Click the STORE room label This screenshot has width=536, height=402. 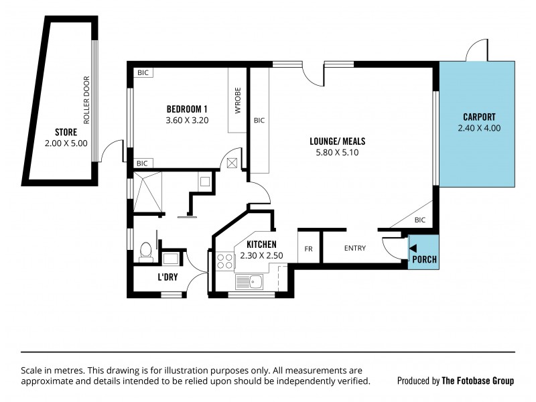(x=66, y=132)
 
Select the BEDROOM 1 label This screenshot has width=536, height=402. (x=187, y=109)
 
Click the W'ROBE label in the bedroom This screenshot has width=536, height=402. (x=238, y=100)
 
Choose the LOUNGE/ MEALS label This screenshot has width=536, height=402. (x=337, y=141)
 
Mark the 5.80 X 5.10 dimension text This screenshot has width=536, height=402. (x=337, y=153)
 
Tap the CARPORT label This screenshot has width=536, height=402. (x=479, y=116)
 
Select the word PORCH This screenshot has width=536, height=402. (x=424, y=259)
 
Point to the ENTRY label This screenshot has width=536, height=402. (x=355, y=249)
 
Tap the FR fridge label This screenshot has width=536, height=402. (x=309, y=249)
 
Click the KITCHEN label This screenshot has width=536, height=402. (x=261, y=245)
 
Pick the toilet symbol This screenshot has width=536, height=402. (x=145, y=252)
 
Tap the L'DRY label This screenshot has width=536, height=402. (x=167, y=277)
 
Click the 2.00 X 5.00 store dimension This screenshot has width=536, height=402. (x=66, y=143)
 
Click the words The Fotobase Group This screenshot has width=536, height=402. (x=478, y=381)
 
